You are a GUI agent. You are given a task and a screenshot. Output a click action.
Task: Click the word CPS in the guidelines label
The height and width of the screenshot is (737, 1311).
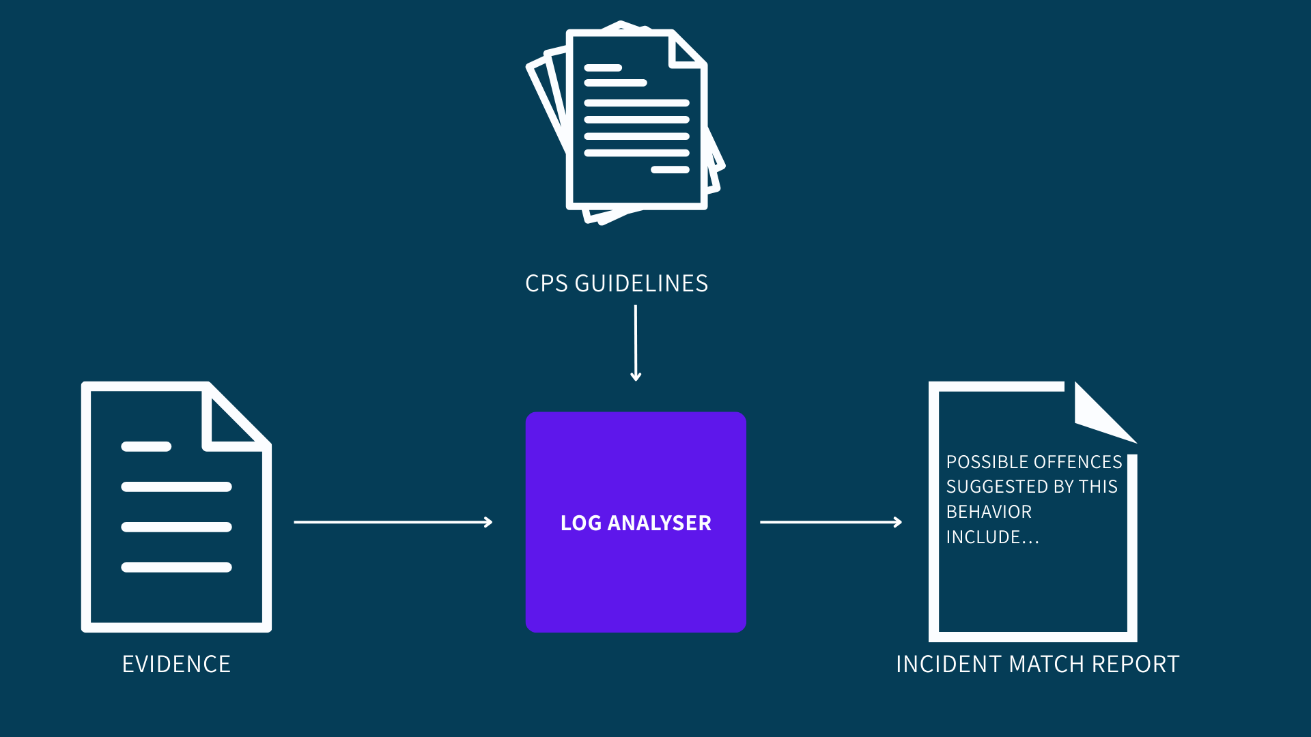point(546,283)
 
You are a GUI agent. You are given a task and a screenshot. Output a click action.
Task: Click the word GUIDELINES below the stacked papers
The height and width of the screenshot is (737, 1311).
point(641,283)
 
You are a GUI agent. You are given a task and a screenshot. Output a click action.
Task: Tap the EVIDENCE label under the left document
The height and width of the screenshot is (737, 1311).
point(176,664)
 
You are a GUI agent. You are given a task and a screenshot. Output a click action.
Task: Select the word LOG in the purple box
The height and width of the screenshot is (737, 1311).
point(580,523)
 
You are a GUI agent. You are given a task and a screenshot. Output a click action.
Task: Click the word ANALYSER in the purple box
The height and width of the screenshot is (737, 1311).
point(659,523)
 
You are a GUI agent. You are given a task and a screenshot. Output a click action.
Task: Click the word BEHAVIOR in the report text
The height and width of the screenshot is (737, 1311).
point(989,512)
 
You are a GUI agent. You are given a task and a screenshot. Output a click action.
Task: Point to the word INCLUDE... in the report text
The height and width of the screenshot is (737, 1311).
point(992,537)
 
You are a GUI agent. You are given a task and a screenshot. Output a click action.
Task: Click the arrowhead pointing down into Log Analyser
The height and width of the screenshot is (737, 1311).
point(636,377)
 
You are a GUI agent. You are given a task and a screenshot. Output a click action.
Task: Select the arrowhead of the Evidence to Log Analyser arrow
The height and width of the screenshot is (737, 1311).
point(488,522)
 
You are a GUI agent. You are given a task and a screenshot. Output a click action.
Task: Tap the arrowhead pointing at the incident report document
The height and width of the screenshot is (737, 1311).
point(898,522)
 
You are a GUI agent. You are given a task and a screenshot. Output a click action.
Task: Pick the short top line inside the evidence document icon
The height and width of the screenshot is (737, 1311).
point(146,446)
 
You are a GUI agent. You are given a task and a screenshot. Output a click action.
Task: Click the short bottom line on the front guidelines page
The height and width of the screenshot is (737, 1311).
point(670,169)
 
